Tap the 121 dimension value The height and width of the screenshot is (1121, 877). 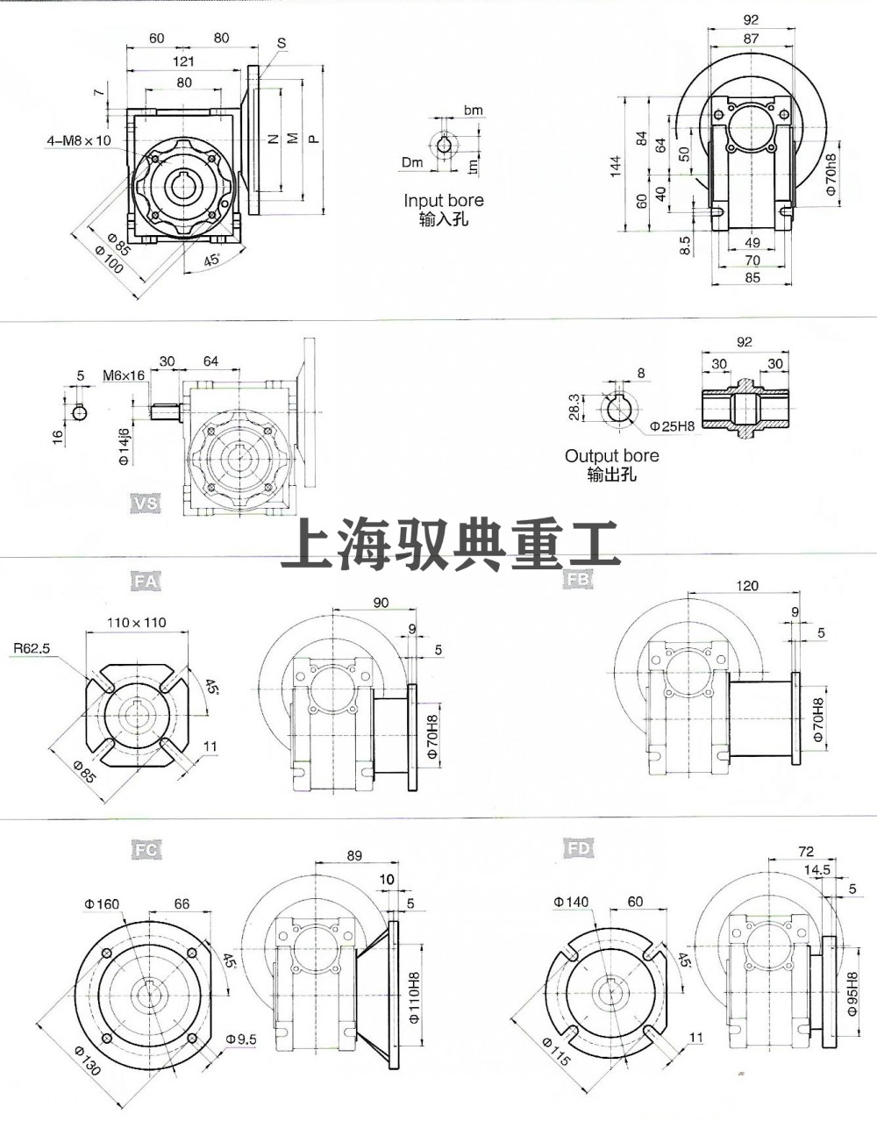coord(182,61)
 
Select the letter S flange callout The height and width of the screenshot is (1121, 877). coord(282,43)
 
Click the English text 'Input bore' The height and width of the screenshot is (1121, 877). coord(443,200)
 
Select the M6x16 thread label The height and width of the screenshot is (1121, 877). coord(123,375)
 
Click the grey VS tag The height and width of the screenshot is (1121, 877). coord(144,503)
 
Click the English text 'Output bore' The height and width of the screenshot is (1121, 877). coord(611,456)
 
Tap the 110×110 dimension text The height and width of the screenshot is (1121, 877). coord(136,623)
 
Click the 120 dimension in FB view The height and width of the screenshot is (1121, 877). coord(747,586)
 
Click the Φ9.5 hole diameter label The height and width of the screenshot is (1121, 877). coord(240,1039)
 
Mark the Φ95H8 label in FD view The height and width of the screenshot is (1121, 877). coord(852,992)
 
